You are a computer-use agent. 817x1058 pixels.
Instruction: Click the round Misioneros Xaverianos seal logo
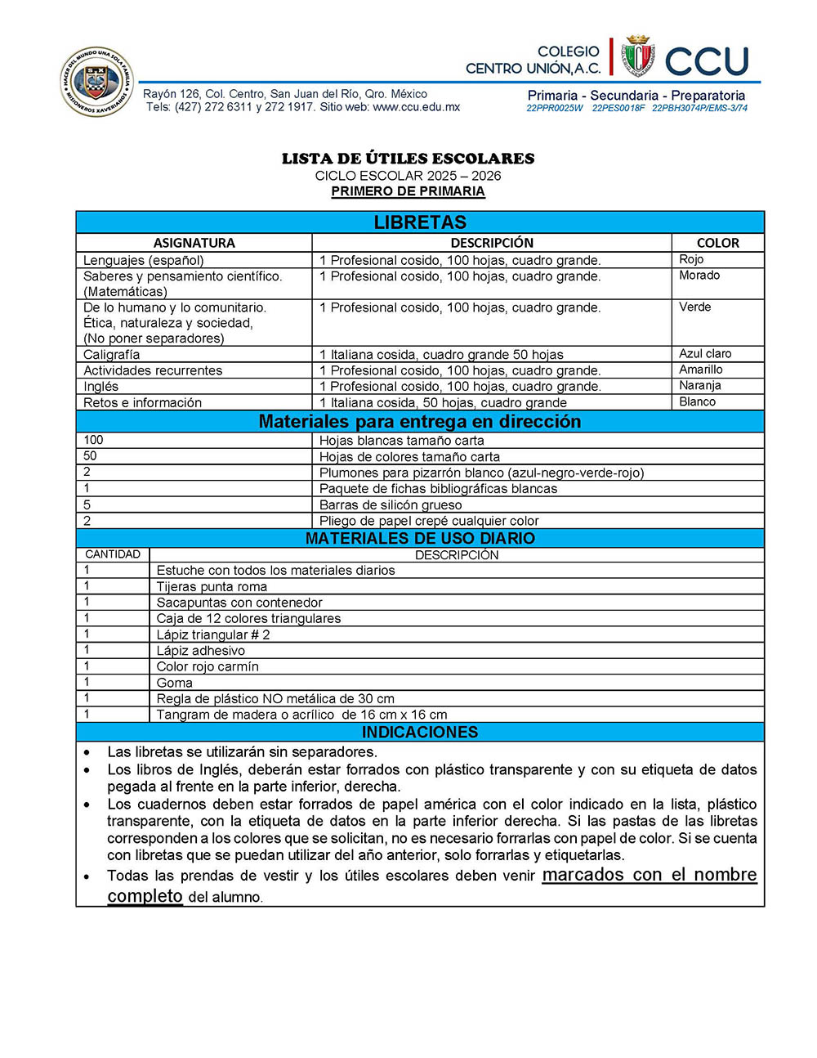[96, 82]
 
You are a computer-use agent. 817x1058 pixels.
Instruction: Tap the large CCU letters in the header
[707, 61]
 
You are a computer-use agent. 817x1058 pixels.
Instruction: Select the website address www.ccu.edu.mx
[416, 107]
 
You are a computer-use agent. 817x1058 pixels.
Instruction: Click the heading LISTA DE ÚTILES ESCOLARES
[408, 159]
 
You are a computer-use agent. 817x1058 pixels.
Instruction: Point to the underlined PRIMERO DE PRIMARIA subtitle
[408, 191]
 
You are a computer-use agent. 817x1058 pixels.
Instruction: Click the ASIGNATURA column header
[194, 243]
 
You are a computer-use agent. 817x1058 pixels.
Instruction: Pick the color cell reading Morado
[699, 276]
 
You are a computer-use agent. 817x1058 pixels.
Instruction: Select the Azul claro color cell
[705, 354]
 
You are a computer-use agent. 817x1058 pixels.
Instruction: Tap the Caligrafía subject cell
[111, 355]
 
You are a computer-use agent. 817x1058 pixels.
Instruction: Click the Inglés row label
[100, 387]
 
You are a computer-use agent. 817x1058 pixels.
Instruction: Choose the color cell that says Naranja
[699, 386]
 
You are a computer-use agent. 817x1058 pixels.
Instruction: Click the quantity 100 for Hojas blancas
[93, 440]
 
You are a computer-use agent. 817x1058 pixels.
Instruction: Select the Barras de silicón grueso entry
[391, 505]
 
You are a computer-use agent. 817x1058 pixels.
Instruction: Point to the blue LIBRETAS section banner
[420, 222]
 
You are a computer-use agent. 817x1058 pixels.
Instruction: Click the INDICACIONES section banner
[420, 732]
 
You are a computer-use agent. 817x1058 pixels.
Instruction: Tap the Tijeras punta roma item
[212, 586]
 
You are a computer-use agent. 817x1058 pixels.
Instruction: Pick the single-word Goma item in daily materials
[175, 683]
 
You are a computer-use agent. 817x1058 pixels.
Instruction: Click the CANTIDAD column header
[113, 554]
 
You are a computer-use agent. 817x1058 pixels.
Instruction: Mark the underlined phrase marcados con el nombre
[650, 875]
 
